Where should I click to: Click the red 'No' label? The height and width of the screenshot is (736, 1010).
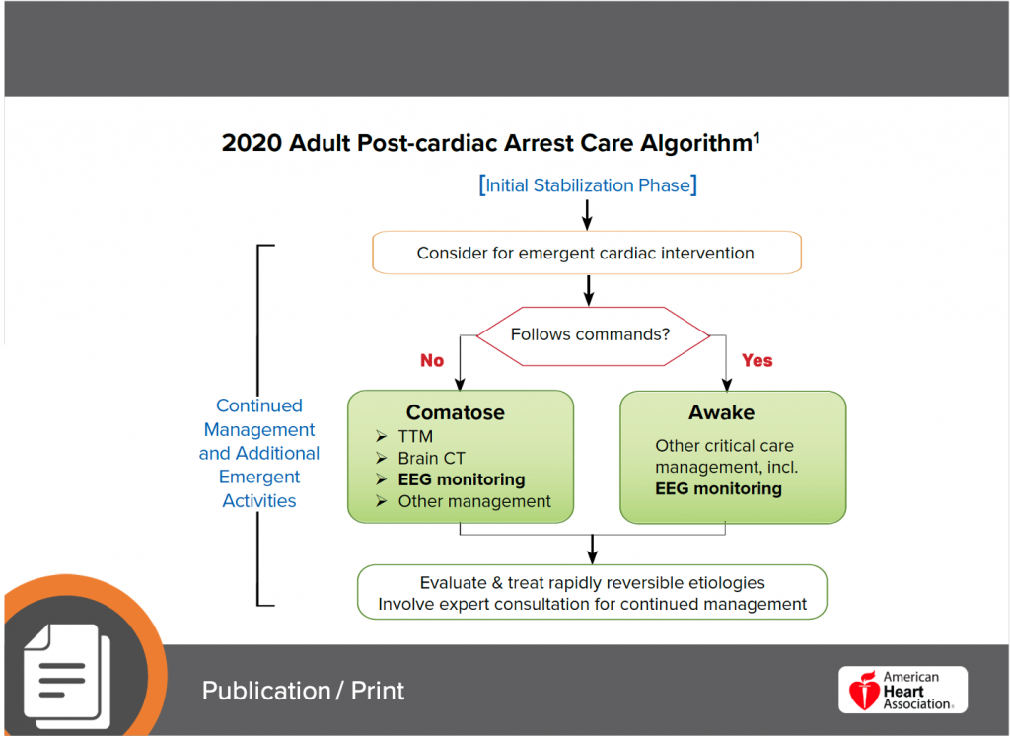pos(432,360)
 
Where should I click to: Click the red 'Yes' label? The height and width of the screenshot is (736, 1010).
pos(757,360)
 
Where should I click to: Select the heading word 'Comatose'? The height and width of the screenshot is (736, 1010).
pos(455,412)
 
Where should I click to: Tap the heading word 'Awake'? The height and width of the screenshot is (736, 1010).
pos(721,412)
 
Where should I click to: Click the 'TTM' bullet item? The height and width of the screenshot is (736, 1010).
pos(415,436)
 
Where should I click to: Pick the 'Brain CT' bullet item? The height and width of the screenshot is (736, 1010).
pos(431,458)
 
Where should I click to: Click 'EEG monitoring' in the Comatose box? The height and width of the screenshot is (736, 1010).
pos(461,479)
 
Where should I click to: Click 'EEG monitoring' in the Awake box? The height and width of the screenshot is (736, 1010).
pos(718,488)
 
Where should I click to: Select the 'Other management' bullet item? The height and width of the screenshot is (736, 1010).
pos(473,501)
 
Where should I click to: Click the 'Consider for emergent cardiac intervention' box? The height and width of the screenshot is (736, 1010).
pos(585,253)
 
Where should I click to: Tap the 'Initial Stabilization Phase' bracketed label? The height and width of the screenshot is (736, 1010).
pos(588,185)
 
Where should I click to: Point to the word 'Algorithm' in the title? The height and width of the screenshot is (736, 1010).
pos(687,142)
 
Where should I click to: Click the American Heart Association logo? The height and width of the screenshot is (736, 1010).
pos(902,690)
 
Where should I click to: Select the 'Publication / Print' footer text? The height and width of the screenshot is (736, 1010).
pos(303,690)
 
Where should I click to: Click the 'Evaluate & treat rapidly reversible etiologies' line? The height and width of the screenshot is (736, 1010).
pos(592,582)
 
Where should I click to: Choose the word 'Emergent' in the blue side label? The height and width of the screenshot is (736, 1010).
pos(258,477)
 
